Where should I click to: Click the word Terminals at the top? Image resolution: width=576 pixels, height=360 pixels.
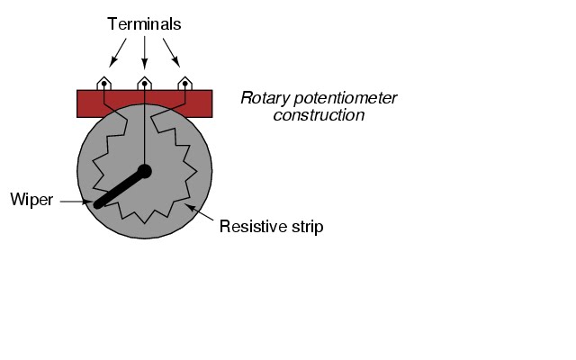coord(144,23)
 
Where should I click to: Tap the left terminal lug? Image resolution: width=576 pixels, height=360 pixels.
coord(104,83)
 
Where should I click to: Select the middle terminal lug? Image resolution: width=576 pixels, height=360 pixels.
coord(144,83)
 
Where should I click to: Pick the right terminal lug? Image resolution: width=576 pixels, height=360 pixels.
coord(184,83)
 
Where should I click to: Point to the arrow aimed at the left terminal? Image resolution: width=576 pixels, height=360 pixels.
coord(118,54)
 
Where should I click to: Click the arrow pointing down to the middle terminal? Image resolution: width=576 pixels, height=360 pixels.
coord(144,54)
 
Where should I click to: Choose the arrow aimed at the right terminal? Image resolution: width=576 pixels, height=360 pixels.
coord(170,54)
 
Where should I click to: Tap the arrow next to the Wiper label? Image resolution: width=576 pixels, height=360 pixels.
coord(73,202)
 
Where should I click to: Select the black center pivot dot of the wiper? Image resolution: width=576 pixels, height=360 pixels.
coord(144,171)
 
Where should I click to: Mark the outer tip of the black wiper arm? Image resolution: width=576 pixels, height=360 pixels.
coord(99,202)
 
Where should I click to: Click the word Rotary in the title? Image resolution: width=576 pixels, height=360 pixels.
coord(261,97)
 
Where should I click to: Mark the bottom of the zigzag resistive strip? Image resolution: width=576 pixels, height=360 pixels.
coord(144,220)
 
